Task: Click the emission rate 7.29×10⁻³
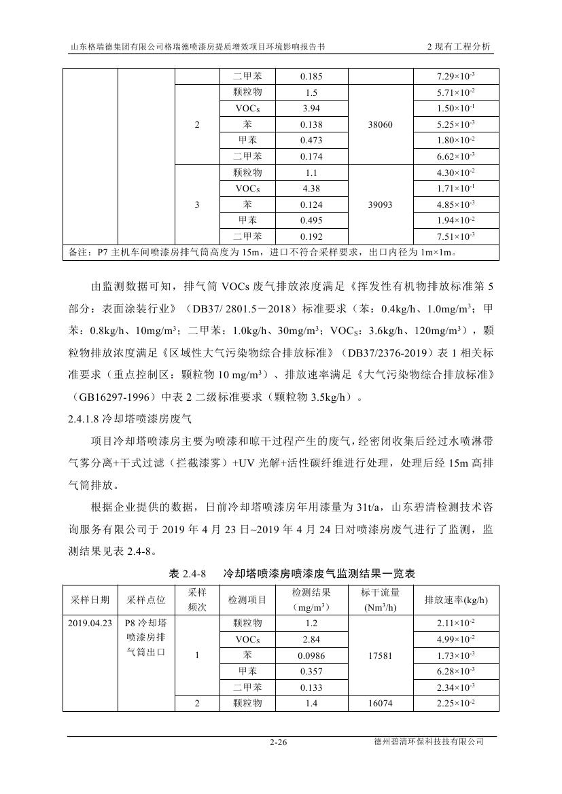tap(456, 77)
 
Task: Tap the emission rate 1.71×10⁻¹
tap(456, 189)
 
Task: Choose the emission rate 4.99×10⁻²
tap(456, 639)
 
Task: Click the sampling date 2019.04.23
tap(90, 623)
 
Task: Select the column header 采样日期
tap(90, 600)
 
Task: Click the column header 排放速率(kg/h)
tap(456, 600)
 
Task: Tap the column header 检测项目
tap(247, 600)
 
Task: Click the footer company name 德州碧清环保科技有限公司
tap(428, 742)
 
